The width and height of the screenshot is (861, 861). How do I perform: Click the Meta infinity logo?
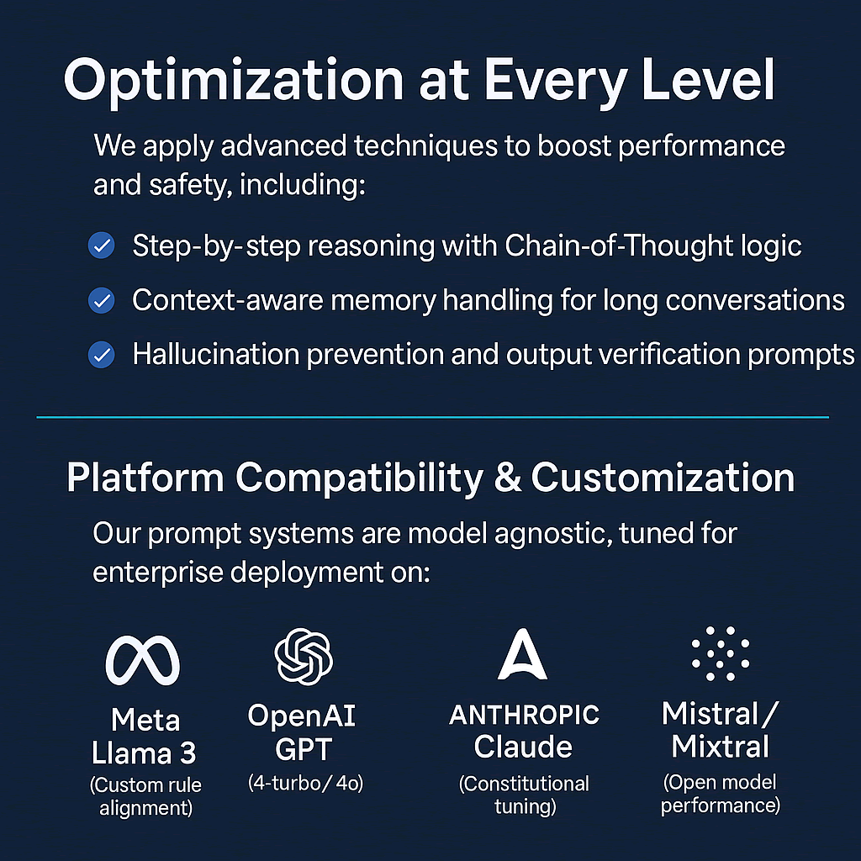[x=143, y=660]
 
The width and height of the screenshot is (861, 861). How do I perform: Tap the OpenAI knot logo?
[x=304, y=657]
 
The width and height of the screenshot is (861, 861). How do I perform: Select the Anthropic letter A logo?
[x=522, y=654]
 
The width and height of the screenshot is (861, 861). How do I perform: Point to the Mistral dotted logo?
[x=721, y=653]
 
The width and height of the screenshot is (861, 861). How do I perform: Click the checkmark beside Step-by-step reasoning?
[x=102, y=246]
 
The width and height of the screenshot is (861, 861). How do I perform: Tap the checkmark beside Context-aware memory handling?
[x=102, y=300]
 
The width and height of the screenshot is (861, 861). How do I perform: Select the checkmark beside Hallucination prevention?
[x=102, y=354]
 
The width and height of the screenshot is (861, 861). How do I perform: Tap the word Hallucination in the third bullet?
[x=216, y=354]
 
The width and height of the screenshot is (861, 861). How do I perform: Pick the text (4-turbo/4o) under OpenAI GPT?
[x=305, y=783]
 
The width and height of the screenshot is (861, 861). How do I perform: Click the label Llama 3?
[x=144, y=753]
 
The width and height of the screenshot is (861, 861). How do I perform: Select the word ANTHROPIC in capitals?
[x=524, y=715]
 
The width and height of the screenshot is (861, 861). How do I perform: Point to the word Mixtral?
[x=720, y=747]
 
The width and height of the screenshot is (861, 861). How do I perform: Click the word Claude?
[x=523, y=747]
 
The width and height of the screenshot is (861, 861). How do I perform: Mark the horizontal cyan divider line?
[x=433, y=417]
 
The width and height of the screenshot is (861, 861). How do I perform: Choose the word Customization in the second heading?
[x=663, y=477]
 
